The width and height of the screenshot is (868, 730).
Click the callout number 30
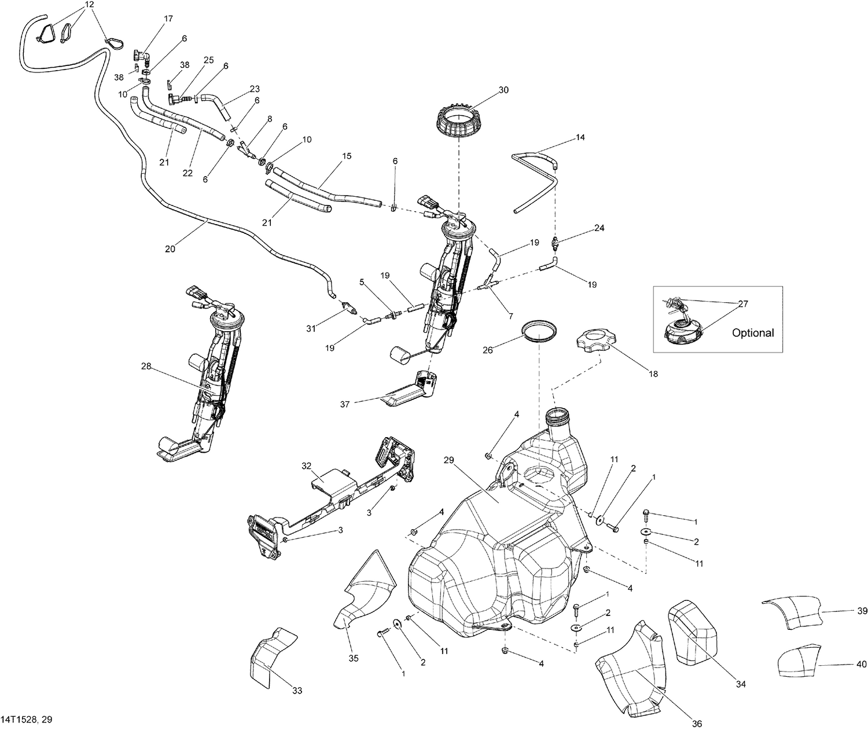(503, 90)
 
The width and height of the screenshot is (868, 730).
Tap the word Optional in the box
(752, 333)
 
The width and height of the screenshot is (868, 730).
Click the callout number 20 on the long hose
(170, 249)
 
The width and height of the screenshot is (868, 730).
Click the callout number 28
(146, 366)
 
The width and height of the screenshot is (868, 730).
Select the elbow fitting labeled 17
(142, 56)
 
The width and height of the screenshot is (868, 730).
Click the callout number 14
(580, 138)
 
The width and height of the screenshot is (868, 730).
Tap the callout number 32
(306, 465)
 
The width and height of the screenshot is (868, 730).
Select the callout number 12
(89, 5)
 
